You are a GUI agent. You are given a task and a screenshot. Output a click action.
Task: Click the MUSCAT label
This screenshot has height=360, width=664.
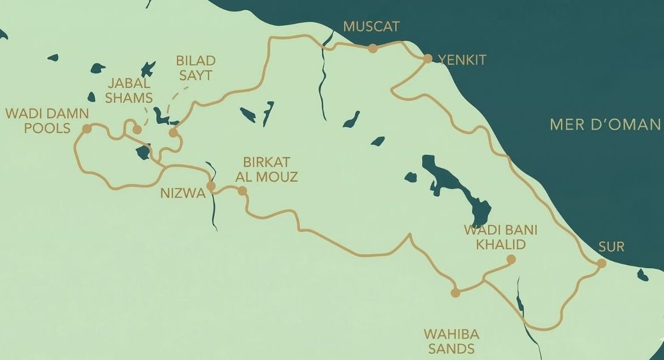click(x=371, y=26)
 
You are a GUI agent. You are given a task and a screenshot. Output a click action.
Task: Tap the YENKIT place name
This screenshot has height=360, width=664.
click(x=462, y=60)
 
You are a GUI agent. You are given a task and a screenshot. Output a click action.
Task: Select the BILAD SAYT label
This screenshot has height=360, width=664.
click(x=196, y=67)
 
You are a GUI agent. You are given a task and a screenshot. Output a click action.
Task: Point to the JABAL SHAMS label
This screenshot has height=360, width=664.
click(x=129, y=90)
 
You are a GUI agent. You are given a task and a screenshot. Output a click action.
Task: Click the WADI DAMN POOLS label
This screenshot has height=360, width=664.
click(x=47, y=121)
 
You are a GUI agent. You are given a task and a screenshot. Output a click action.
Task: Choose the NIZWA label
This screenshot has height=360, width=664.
click(x=181, y=193)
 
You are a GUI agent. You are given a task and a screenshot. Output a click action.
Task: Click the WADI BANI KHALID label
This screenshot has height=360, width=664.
click(x=500, y=237)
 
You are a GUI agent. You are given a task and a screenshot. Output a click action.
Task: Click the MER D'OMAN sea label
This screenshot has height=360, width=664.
click(x=605, y=125)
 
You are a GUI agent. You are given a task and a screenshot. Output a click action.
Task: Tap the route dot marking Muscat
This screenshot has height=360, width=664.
click(x=372, y=48)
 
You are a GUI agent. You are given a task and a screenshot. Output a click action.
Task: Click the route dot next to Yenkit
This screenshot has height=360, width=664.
click(x=427, y=59)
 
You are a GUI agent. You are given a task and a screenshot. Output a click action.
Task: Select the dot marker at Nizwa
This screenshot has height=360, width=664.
click(x=211, y=186)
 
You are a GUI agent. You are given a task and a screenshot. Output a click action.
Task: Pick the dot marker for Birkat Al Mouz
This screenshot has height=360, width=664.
click(x=242, y=191)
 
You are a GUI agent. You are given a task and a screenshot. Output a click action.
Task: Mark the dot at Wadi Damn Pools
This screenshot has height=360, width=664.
click(x=87, y=129)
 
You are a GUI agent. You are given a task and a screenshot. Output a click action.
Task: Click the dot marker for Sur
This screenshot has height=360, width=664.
click(x=601, y=263)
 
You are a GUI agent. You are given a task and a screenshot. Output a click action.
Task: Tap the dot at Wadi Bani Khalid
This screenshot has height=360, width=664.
click(x=511, y=259)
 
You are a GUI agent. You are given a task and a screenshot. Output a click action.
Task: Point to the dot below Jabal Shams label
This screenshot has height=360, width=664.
click(x=136, y=130)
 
